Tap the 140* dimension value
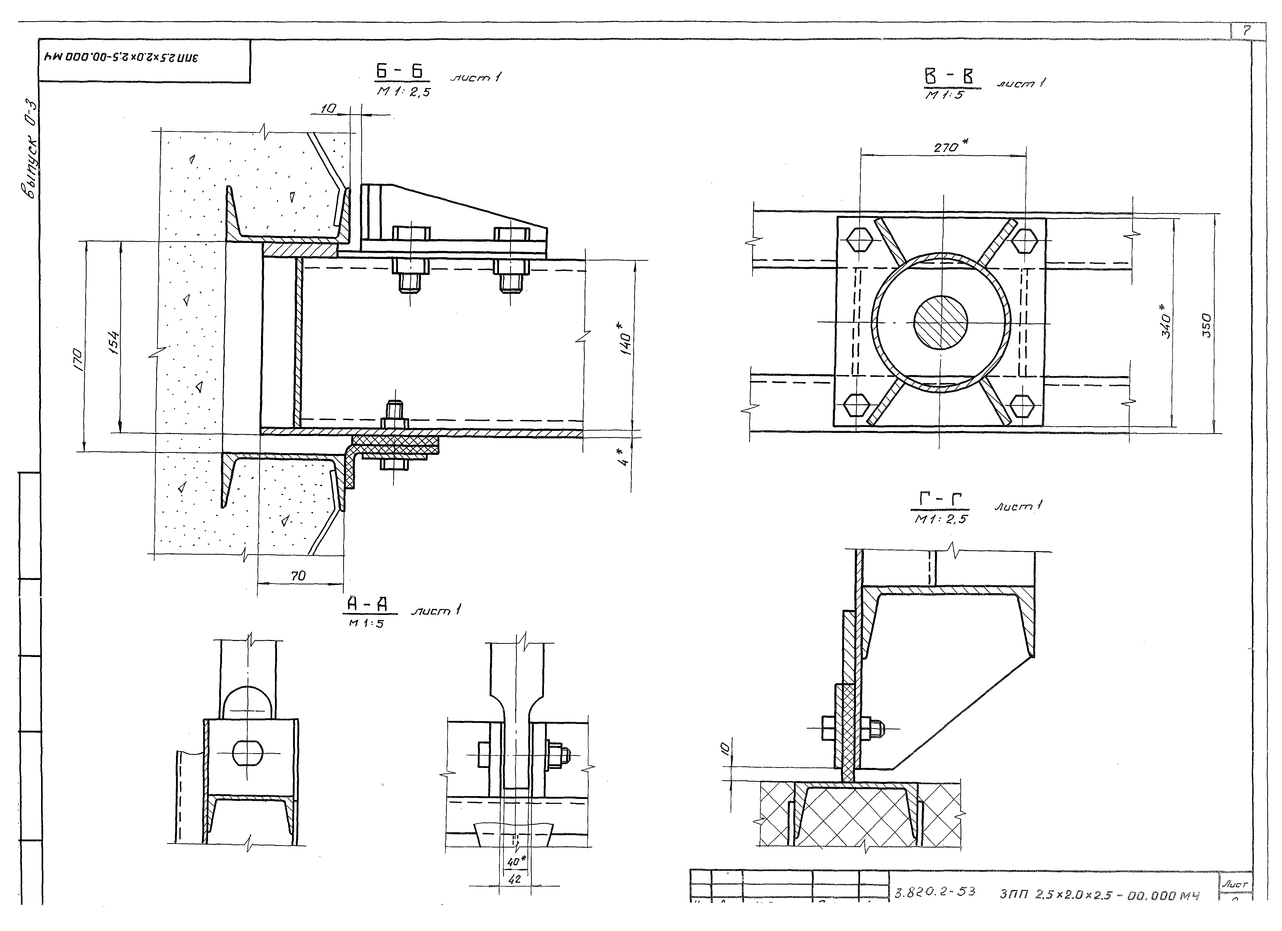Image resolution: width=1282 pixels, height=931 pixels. click(x=626, y=339)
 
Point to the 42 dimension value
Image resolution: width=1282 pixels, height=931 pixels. click(x=515, y=880)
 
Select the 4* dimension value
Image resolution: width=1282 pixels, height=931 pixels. click(x=624, y=457)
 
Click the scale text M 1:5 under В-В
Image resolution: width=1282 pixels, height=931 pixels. click(x=944, y=95)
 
